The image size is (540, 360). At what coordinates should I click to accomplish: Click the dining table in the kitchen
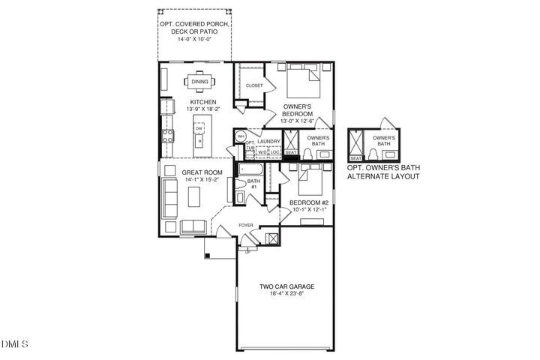199,81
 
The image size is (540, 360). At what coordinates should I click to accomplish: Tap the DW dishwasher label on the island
199,129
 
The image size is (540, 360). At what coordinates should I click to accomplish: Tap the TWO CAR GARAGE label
281,285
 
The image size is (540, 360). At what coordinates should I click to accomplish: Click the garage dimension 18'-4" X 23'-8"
281,293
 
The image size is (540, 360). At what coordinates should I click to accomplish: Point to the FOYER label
244,225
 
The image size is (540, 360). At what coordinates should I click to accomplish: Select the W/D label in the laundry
262,153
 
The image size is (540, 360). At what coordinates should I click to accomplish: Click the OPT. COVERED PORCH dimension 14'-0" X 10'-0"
194,39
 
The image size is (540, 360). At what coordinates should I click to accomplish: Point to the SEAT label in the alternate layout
356,158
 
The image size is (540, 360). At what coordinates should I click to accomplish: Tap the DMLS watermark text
14,344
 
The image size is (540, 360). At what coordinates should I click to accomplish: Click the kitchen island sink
200,143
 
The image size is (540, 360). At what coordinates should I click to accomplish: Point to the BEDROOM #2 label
310,203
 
